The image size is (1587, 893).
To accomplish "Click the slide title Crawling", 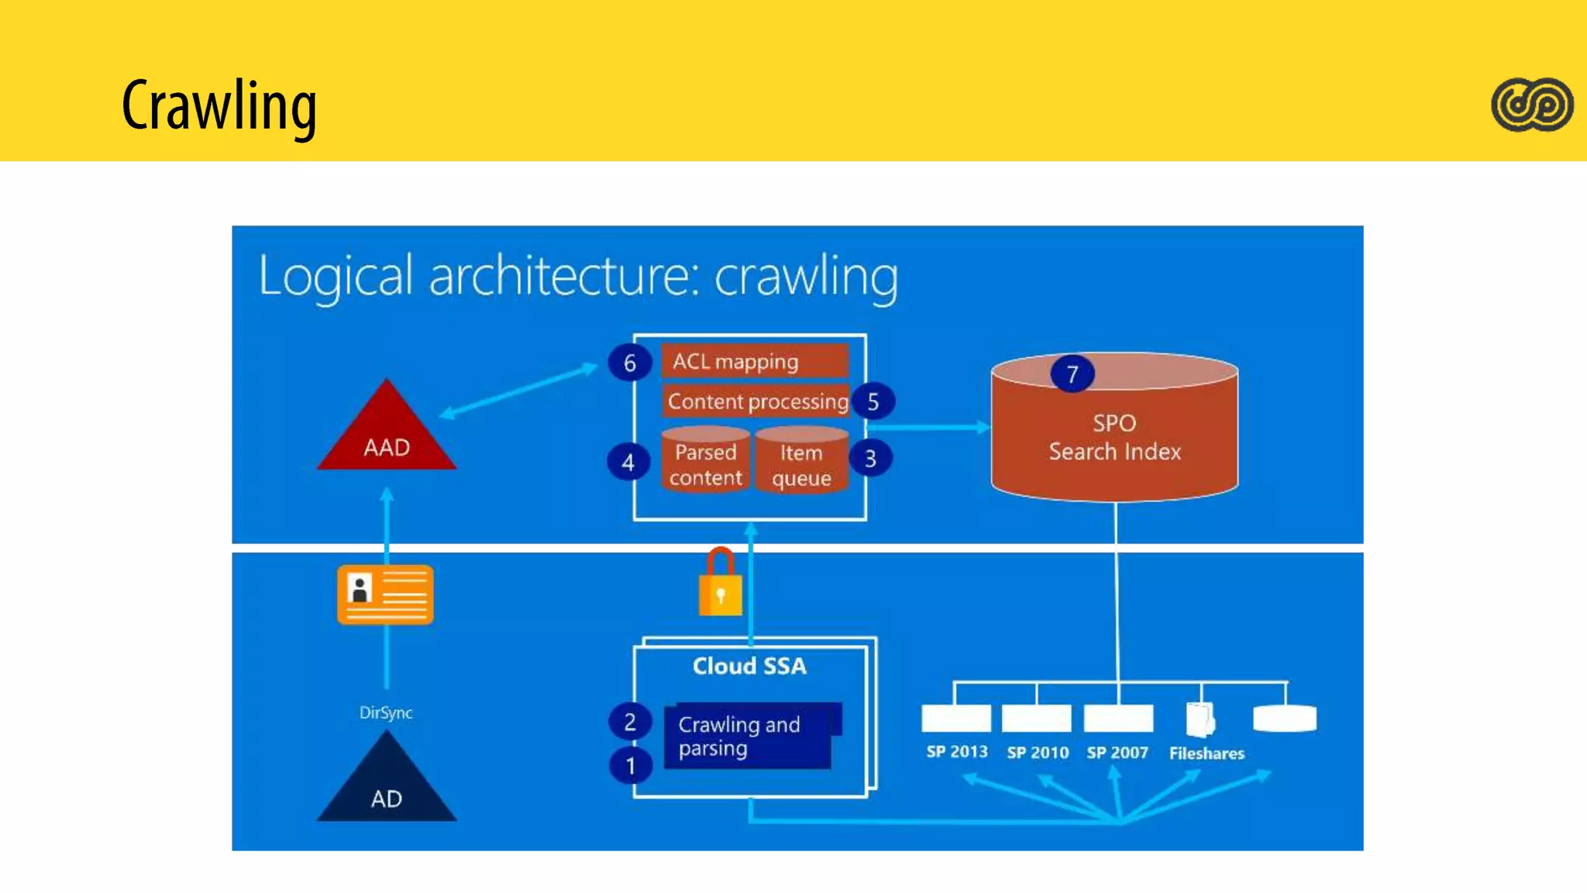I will tap(219, 106).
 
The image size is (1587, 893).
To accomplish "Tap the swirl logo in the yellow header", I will tap(1532, 105).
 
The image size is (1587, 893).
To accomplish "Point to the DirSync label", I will tap(386, 712).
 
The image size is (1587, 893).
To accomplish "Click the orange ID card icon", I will tap(385, 595).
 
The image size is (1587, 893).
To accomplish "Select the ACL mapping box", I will tap(754, 361).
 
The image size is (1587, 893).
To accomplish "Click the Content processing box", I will tap(757, 402).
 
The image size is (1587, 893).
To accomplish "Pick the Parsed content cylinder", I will tap(705, 460).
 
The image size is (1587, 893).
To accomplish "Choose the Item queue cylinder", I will tap(801, 460).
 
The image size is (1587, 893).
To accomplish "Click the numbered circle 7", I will tap(1072, 374).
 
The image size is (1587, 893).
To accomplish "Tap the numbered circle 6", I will tap(630, 363).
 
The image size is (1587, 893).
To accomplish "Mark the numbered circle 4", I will tap(628, 462).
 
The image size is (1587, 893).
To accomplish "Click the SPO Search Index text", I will tap(1114, 437).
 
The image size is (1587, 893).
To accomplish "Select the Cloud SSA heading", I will tap(749, 666).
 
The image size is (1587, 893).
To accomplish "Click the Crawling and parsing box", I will tap(748, 736).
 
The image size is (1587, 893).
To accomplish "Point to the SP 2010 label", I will tap(1038, 752).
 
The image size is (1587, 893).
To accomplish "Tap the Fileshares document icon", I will tap(1200, 719).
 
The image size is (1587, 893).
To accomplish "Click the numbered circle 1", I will tap(631, 766).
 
